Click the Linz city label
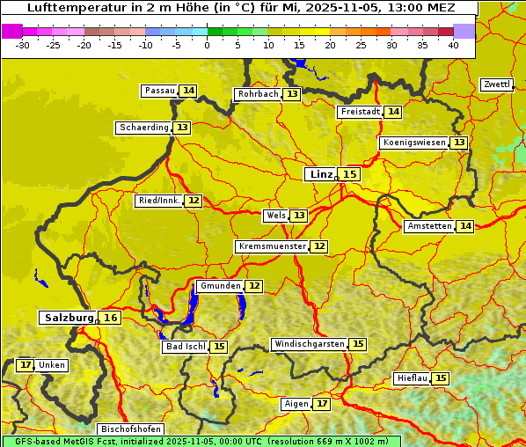[x=320, y=174]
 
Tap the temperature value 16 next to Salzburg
[x=110, y=318]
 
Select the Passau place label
[x=160, y=91]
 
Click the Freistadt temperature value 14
[x=393, y=112]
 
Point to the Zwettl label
[x=496, y=84]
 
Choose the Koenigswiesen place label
[x=414, y=143]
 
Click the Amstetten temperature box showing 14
[x=465, y=226]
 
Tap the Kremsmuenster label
[x=273, y=246]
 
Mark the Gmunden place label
[x=219, y=286]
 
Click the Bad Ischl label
[x=185, y=347]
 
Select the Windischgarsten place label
[x=309, y=344]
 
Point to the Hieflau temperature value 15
[x=441, y=378]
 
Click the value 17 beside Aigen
[x=322, y=404]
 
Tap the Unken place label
[x=52, y=365]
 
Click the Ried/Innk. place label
[x=158, y=201]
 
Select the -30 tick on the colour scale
[x=23, y=45]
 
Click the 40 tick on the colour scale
[x=453, y=45]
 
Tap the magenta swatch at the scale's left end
[x=11, y=31]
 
